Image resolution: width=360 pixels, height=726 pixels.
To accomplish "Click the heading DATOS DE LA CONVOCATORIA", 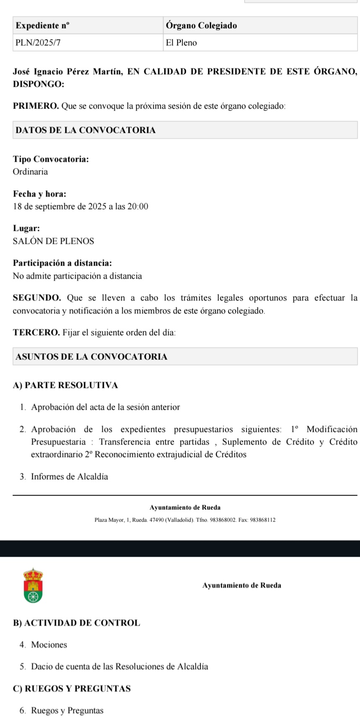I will point(85,130).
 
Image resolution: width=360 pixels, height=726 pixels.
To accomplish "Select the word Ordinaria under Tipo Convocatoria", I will point(30,172).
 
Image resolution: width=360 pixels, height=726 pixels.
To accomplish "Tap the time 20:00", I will point(138,207).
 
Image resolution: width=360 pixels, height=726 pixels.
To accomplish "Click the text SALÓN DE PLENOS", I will point(53,241).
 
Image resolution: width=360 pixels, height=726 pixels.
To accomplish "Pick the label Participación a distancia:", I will point(62,264).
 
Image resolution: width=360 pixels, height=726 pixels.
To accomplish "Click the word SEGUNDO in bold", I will point(37,298).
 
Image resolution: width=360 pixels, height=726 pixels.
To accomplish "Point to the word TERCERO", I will point(36,333).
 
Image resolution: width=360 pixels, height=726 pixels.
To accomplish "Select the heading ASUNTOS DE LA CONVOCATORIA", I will point(91,357).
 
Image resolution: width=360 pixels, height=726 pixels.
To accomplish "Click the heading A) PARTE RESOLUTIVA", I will point(65,385).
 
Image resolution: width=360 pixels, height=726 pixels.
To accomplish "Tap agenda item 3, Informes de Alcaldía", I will point(69,477).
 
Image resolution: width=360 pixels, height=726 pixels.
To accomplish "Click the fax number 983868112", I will point(262,520).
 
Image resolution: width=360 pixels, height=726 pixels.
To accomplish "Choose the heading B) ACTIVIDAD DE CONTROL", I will point(77,623).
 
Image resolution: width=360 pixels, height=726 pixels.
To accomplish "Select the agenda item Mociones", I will point(49,645).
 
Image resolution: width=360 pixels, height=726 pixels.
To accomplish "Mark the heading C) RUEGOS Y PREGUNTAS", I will point(72,689).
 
